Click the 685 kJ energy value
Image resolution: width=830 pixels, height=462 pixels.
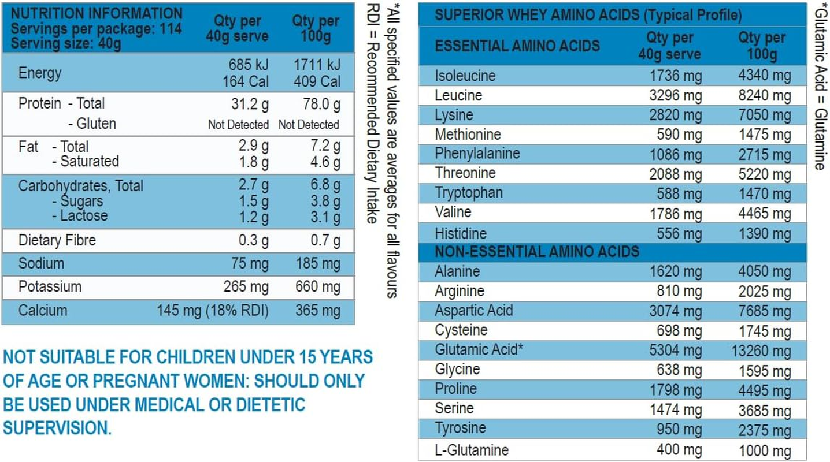pos(249,65)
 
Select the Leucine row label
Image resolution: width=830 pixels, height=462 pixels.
pos(458,95)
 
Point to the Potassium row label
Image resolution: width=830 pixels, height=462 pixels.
pos(50,286)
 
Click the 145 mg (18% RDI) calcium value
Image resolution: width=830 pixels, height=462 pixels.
pos(213,311)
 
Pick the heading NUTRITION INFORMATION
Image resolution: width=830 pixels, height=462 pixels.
pos(97,13)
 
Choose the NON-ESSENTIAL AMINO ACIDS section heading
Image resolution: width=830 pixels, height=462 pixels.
pos(537,252)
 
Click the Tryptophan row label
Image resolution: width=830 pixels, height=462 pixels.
pos(469,193)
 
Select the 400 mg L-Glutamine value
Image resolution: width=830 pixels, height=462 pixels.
pos(679,449)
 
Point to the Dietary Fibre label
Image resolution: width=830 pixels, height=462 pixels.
pos(57,240)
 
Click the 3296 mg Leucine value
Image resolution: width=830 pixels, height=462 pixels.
pos(675,95)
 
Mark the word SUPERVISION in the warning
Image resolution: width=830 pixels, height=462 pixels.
pos(57,428)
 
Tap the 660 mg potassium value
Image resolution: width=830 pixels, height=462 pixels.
pos(318,287)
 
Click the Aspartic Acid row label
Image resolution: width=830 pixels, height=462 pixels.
pos(473,311)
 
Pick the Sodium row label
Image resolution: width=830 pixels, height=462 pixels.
pos(41,263)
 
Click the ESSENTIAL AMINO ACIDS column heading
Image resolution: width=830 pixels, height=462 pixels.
pos(517,46)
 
